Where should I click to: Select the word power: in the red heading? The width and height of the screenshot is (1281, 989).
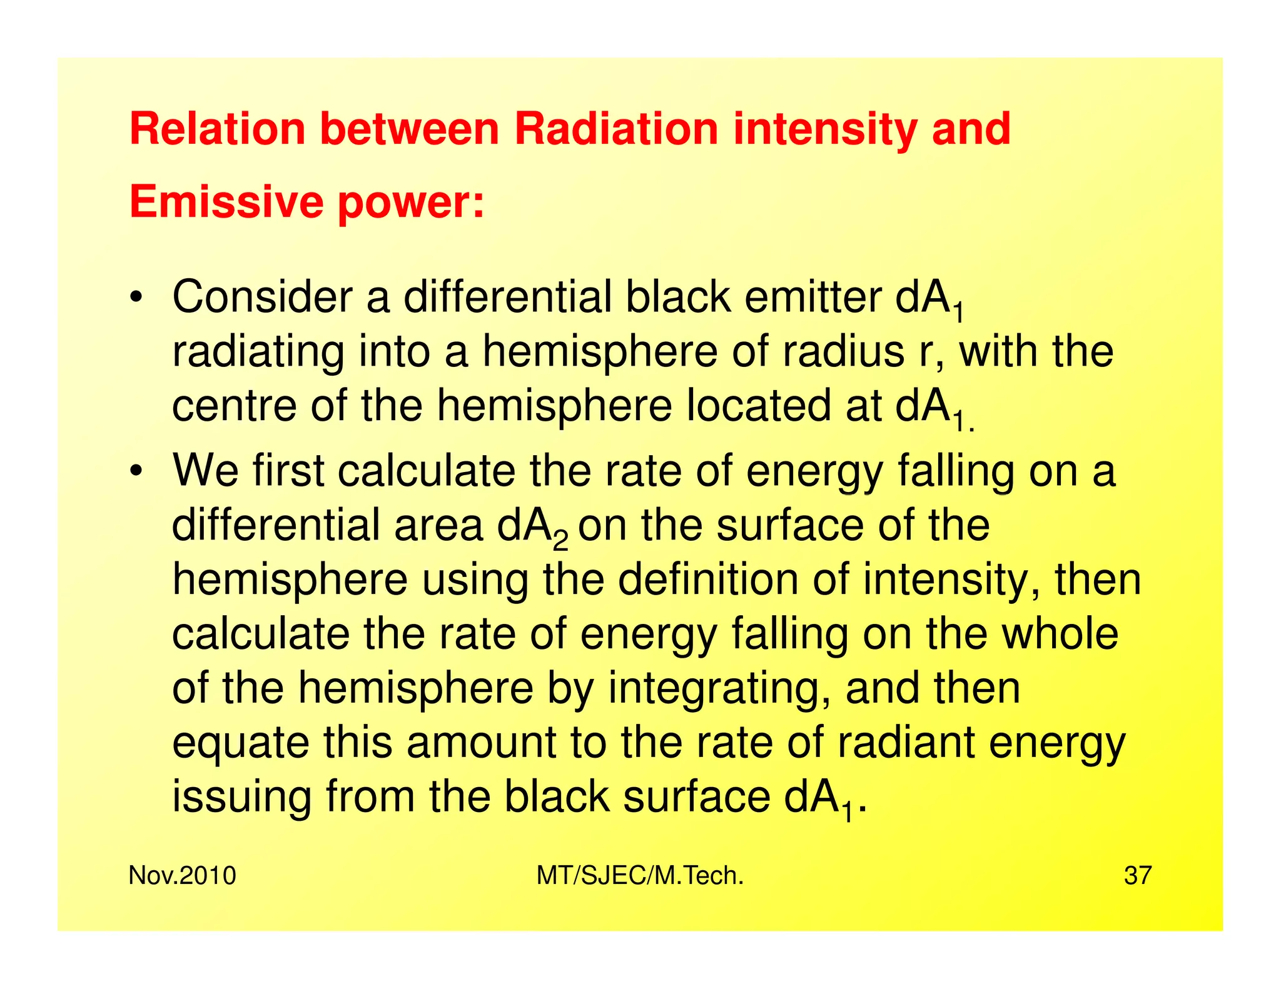tap(411, 204)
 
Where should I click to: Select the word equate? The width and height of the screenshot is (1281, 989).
tap(241, 744)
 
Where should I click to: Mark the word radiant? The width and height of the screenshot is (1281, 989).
tap(906, 743)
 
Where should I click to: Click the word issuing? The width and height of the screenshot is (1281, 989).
tap(241, 798)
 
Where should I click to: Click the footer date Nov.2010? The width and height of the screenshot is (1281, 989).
tap(182, 876)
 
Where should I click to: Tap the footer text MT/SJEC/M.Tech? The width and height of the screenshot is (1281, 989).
tap(640, 876)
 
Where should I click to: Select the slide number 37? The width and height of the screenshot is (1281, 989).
tap(1137, 876)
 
